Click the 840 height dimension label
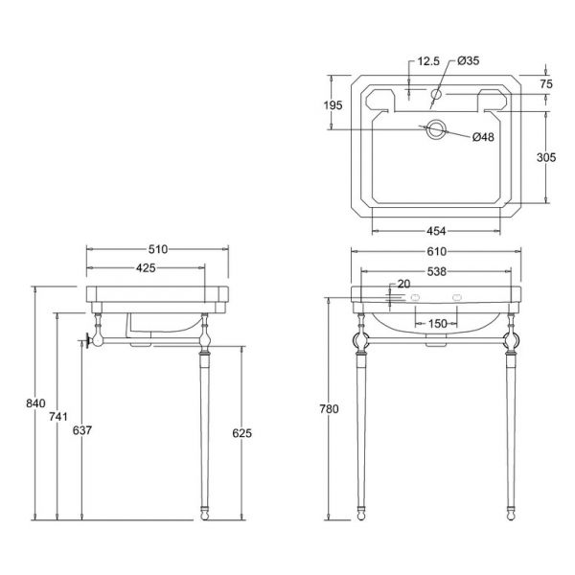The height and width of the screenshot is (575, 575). (35, 403)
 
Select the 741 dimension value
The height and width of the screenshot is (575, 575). (58, 416)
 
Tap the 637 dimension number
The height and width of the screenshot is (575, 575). (82, 429)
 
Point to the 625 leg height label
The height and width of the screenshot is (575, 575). (242, 433)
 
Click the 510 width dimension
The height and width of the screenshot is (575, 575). (158, 249)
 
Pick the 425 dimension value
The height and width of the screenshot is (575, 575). (146, 268)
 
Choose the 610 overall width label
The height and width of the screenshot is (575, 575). (436, 251)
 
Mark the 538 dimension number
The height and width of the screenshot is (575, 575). (436, 272)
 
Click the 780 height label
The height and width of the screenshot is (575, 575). (329, 408)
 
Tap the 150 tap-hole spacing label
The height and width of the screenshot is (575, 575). (438, 324)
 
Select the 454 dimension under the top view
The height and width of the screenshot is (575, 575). (436, 231)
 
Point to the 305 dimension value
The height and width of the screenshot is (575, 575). (546, 157)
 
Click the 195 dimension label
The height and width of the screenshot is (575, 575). (333, 105)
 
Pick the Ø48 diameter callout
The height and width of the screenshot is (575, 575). (483, 137)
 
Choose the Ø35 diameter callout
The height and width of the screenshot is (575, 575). (469, 60)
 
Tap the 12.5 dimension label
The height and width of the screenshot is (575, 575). (428, 61)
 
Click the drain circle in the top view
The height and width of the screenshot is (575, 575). (436, 121)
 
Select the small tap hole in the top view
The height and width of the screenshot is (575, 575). (436, 90)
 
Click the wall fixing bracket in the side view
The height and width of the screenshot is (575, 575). (88, 340)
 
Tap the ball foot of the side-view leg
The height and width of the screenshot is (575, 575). (205, 517)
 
